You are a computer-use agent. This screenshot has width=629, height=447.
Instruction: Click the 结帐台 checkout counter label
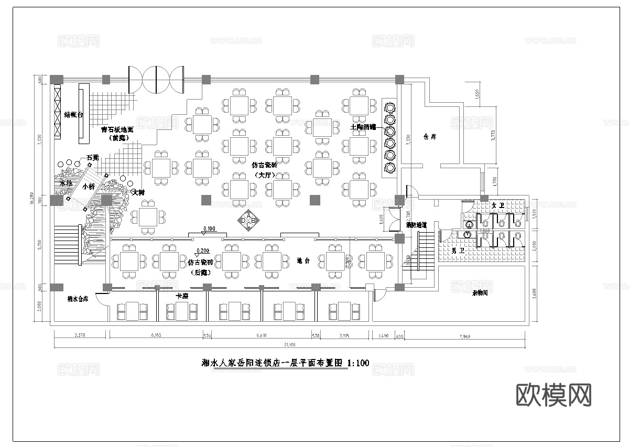pos(74,114)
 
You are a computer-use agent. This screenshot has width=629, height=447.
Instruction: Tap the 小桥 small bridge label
pos(89,186)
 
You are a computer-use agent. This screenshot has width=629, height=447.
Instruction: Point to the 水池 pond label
pos(67,183)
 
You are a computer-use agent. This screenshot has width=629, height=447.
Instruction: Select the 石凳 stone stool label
pos(93,157)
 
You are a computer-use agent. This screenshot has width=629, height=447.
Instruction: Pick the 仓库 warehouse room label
pos(429,137)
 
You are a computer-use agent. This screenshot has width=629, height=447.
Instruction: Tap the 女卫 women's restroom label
pos(497,205)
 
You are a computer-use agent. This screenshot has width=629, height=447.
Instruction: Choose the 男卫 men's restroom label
pos(458,251)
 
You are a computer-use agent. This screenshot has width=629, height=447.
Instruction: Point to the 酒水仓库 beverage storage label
pos(78,299)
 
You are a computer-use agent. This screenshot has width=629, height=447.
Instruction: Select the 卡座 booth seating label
pos(182,296)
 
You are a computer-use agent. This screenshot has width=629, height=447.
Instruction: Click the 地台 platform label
pos(303,260)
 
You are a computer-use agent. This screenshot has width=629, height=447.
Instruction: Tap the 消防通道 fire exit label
pos(416,225)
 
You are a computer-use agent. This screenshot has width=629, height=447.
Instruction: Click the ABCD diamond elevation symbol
pos(248,221)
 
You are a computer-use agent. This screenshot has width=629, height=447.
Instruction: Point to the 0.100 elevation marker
pos(209,228)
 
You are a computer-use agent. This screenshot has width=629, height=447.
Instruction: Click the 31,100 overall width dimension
pos(289,344)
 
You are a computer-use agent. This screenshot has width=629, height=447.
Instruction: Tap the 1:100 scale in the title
pos(359,363)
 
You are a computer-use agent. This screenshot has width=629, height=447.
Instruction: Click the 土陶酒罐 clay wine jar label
pos(363,127)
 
